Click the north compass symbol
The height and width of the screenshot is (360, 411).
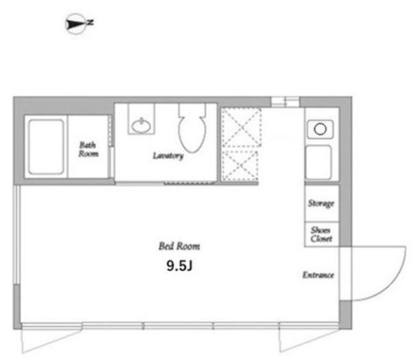click(76, 24)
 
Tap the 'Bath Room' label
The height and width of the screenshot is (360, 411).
click(88, 149)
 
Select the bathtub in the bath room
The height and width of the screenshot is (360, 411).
click(46, 147)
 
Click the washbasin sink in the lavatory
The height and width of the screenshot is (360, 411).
click(141, 126)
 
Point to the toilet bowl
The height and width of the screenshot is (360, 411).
click(192, 134)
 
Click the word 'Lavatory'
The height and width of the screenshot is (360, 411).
click(168, 156)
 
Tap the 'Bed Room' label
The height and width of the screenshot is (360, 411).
click(179, 246)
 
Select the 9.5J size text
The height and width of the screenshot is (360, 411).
click(179, 266)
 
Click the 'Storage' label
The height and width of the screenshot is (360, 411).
click(321, 204)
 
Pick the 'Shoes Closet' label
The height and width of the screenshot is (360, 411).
click(321, 235)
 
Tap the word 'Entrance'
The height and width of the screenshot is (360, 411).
click(319, 275)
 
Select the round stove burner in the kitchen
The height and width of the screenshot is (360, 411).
click(320, 129)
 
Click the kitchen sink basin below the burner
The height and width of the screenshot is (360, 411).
click(319, 162)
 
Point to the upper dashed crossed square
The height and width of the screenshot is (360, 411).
click(241, 128)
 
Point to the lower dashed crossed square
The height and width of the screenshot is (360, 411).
click(240, 165)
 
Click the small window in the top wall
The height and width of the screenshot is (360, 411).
click(285, 101)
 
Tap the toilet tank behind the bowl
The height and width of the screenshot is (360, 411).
click(192, 110)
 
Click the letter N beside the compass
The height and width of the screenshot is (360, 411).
click(90, 23)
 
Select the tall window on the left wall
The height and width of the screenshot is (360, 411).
click(16, 235)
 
